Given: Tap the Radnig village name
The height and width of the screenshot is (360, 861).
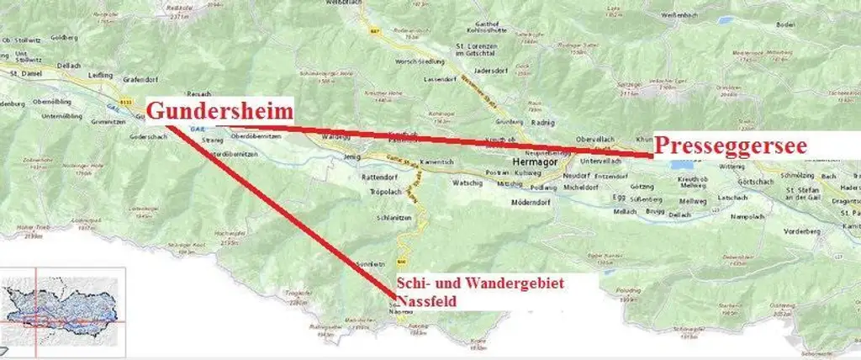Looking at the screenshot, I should tap(542, 120).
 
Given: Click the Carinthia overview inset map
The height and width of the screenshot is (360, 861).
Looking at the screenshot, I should tap(63, 308).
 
